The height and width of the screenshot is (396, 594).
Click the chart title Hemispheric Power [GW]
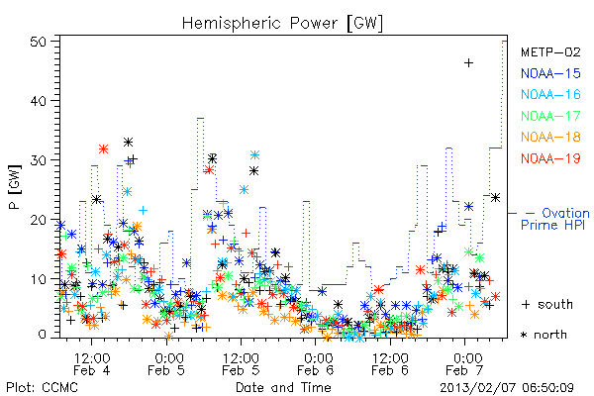[x=282, y=24]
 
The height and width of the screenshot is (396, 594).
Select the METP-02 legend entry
[x=550, y=51]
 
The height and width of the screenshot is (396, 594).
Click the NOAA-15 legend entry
[x=550, y=73]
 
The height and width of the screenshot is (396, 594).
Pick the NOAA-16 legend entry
[x=550, y=94]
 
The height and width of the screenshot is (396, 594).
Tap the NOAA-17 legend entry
[x=550, y=116]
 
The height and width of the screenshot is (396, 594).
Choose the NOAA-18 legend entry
[x=550, y=137]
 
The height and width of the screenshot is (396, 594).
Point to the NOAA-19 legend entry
[x=550, y=158]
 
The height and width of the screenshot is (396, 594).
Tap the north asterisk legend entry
[x=544, y=335]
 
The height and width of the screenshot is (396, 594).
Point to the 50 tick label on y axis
[x=39, y=42]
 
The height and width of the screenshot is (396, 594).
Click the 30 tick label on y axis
[x=39, y=160]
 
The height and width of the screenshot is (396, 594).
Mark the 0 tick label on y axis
[x=43, y=335]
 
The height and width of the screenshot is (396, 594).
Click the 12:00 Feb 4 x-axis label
[x=92, y=364]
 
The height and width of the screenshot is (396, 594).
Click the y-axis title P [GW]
[x=15, y=186]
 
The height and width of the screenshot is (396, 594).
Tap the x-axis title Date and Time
[x=283, y=387]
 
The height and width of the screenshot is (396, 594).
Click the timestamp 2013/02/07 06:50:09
[x=507, y=388]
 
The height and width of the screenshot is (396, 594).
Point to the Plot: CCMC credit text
[x=42, y=387]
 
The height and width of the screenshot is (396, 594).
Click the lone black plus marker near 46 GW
[x=468, y=62]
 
